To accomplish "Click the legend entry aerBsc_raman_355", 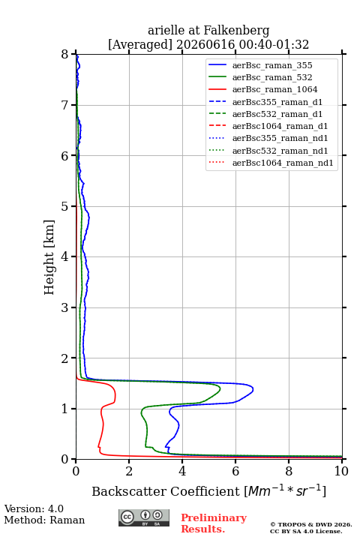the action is (x=272, y=65).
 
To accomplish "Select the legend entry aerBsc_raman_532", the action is (x=272, y=77).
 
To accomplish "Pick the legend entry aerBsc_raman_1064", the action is (x=275, y=89).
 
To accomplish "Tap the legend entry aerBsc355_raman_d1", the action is (x=277, y=102).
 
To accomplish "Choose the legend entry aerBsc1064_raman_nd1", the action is (x=283, y=163).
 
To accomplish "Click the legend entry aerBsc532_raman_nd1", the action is (x=280, y=151).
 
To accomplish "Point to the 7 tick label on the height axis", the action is (x=64, y=105).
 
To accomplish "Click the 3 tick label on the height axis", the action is (x=64, y=307).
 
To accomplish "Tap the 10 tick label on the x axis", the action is (x=341, y=471).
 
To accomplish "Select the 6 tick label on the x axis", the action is (x=235, y=471).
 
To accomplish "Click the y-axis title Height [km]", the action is (x=49, y=257).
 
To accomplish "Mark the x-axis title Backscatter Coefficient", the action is (x=166, y=491).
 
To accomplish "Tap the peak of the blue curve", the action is (x=253, y=389).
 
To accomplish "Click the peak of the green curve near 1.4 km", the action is (x=220, y=388).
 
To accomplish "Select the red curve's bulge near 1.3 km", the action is (x=115, y=394).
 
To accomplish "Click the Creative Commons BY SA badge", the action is (x=144, y=518).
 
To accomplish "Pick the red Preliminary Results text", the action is (x=214, y=523).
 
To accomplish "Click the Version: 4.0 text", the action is (x=34, y=508).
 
